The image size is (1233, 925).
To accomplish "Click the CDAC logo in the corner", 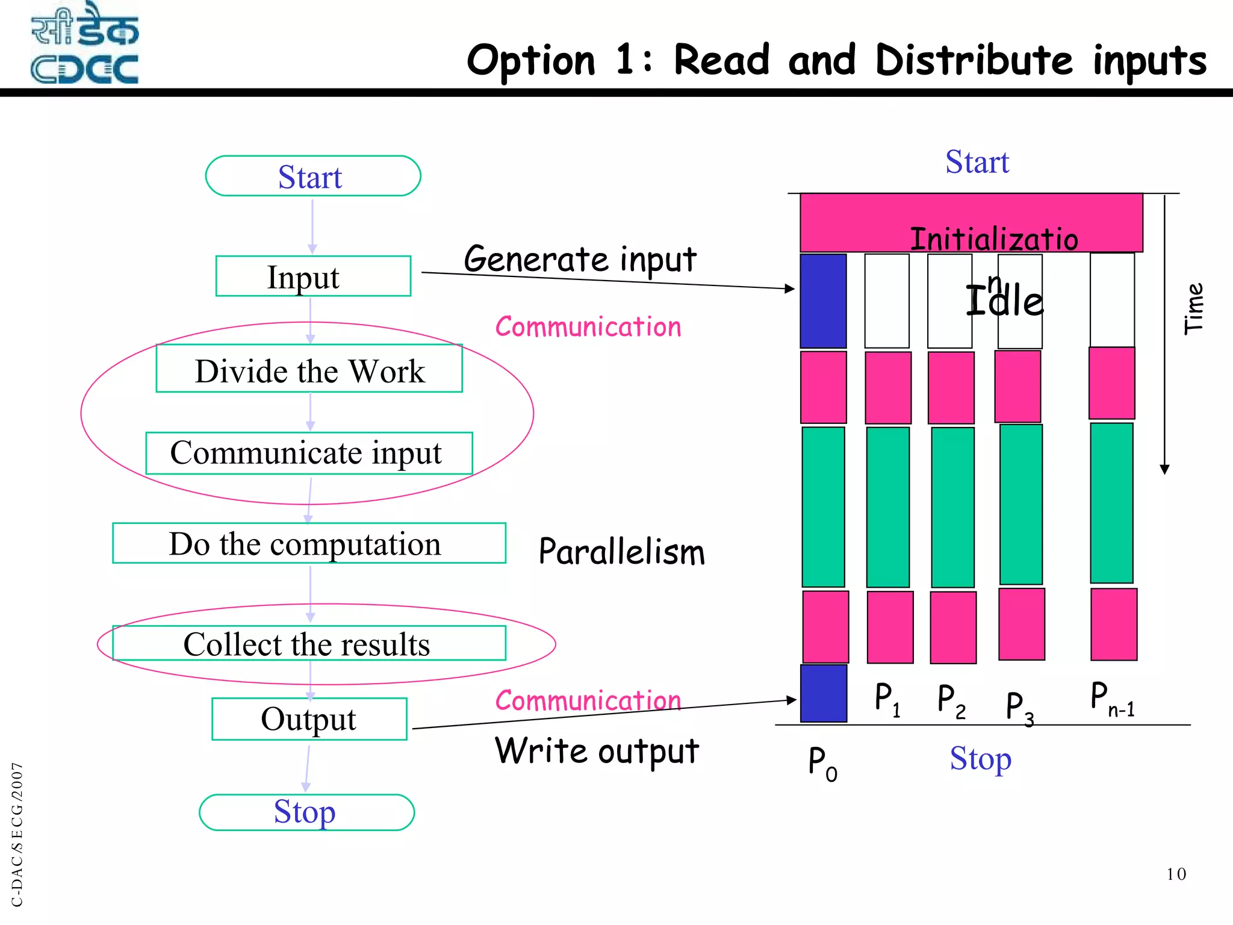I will tap(84, 43).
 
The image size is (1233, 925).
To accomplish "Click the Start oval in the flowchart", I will tap(312, 176).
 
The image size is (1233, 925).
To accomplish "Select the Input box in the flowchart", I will tap(313, 276).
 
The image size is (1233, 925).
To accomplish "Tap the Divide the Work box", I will tap(309, 369).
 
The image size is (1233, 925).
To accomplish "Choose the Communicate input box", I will tap(309, 453).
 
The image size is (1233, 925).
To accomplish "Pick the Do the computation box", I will tap(309, 543).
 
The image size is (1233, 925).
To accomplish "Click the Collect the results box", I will tap(309, 643).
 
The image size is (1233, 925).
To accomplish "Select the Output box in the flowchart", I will tap(309, 719).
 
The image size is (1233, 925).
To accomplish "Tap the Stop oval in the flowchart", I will tap(306, 812).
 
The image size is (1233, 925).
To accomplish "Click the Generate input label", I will tap(580, 260).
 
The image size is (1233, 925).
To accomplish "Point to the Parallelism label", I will tap(621, 552).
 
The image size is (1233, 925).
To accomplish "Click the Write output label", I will tap(597, 752).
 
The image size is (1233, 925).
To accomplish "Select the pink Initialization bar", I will tap(971, 222).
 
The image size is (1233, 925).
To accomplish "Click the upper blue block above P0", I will tap(823, 301).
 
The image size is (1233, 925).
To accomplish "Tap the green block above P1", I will tap(887, 507).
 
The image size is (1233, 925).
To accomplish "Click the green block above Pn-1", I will tap(1111, 503).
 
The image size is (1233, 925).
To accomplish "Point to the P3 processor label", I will tap(1019, 707).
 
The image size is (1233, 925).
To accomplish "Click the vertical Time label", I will tap(1193, 308).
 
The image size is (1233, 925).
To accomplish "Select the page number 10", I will tap(1176, 874).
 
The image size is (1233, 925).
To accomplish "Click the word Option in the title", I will tap(531, 61).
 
